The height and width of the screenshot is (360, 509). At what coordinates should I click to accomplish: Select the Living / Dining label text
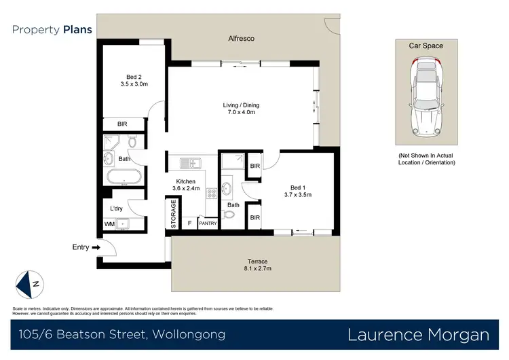pos(241,105)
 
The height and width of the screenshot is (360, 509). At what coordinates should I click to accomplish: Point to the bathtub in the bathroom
pos(124,179)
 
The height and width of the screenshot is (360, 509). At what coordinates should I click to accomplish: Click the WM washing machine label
pos(109,223)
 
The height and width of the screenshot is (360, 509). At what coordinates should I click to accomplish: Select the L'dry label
pos(116,209)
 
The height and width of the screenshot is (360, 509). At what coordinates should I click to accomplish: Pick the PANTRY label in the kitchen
pos(208,223)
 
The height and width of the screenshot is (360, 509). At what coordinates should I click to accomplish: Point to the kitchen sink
pos(189,163)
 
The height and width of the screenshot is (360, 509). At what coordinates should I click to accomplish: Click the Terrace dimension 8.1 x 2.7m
pos(257,270)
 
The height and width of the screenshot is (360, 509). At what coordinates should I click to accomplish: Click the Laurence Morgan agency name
pos(418,334)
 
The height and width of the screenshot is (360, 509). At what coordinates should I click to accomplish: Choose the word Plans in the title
pos(78,30)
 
